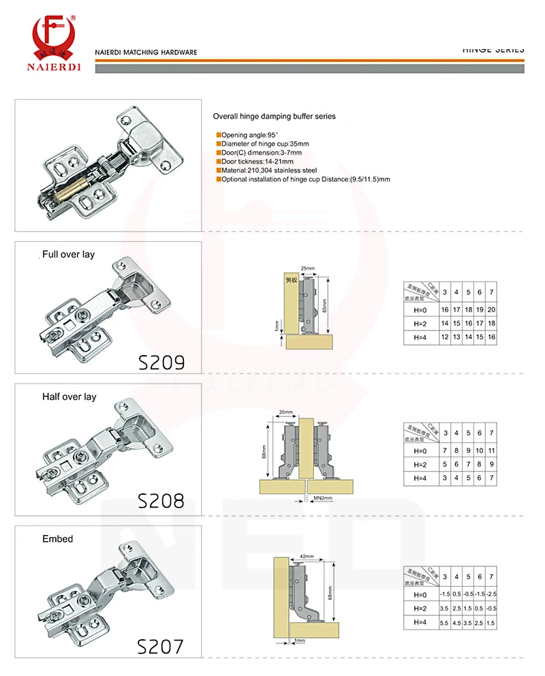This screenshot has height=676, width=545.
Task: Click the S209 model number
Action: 161,361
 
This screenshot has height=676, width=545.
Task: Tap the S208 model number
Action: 161,501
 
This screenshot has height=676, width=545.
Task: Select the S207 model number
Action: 161,646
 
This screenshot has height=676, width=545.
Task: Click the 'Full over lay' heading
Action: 69,254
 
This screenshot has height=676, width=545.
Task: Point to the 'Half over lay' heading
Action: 69,397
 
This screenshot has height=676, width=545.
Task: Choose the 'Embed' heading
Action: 58,539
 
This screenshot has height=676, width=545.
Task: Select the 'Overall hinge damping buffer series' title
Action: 275,117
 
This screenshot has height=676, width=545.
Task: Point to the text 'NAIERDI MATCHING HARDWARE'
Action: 146,52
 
